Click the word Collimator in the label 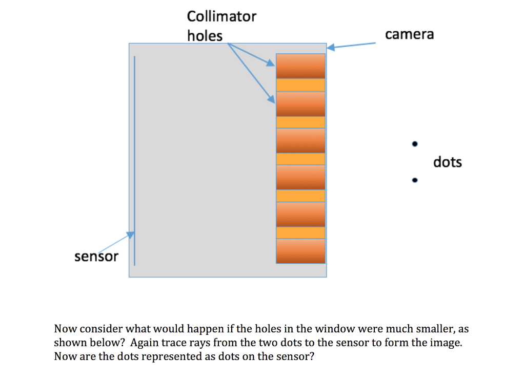(x=221, y=16)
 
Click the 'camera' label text (x=409, y=34)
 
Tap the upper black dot (x=415, y=144)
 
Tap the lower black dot (x=415, y=180)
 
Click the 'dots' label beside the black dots (x=447, y=162)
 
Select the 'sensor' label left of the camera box (x=96, y=256)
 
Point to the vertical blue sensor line (x=134, y=154)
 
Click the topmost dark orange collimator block (x=300, y=66)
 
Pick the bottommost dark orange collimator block (x=300, y=251)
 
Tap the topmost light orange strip (x=300, y=85)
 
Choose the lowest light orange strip (x=300, y=232)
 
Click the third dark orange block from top (x=300, y=140)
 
